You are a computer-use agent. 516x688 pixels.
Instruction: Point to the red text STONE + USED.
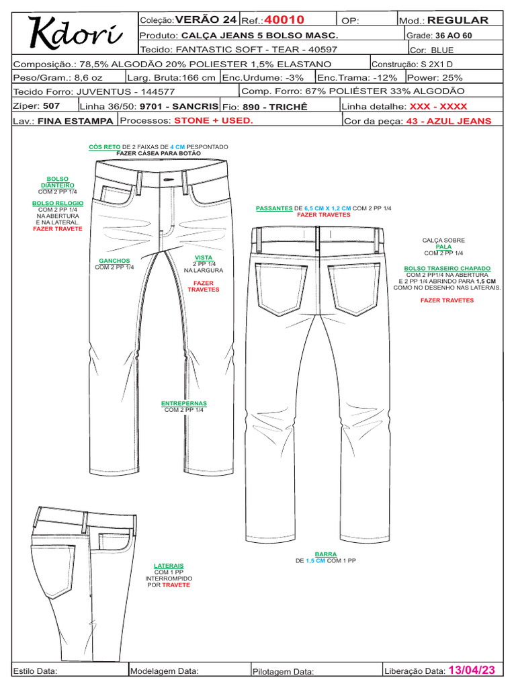[x=213, y=120]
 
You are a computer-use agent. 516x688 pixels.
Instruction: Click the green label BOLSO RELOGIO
[x=58, y=202]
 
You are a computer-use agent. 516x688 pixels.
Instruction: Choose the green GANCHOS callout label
[x=114, y=261]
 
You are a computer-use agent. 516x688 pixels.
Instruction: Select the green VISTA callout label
[x=203, y=257]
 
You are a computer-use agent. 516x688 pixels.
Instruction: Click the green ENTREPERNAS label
[x=184, y=404]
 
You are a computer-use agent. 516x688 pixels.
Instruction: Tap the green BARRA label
[x=326, y=554]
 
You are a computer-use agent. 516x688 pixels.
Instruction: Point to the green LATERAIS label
[x=169, y=566]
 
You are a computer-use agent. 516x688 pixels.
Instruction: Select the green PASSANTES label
[x=274, y=209]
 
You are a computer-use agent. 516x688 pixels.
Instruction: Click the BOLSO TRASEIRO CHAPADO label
[x=447, y=267]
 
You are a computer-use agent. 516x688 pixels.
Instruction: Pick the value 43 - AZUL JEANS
[x=449, y=121]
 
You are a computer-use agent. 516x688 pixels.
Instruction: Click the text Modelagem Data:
[x=164, y=671]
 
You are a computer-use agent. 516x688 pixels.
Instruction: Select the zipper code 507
[x=52, y=106]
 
